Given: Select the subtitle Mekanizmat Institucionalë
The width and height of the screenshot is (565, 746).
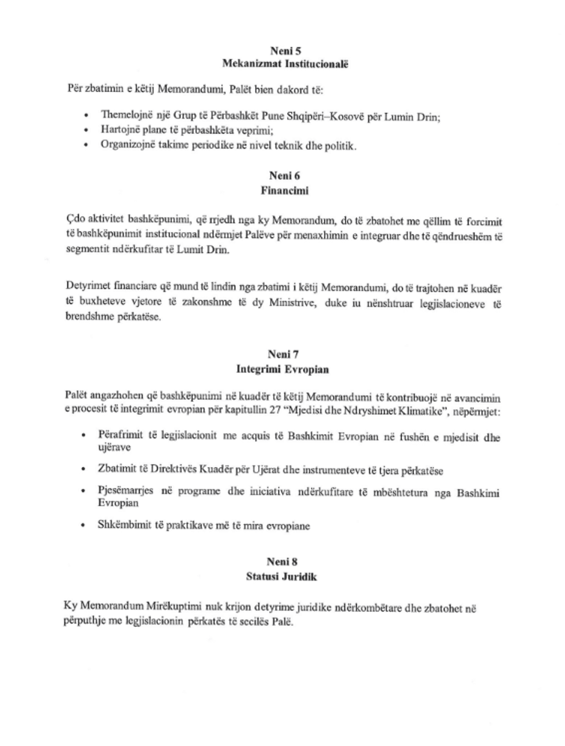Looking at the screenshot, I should (x=285, y=64).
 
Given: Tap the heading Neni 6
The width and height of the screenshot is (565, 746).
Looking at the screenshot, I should (x=285, y=176).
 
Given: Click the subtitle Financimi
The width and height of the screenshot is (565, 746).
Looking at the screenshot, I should (x=285, y=191).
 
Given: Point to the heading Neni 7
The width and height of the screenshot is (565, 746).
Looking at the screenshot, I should (x=283, y=355).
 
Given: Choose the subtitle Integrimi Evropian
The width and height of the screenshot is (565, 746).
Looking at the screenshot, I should (x=282, y=369).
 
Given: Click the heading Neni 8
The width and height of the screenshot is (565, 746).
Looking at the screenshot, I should (x=282, y=562).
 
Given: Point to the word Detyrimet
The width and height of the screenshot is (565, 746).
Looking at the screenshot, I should (x=86, y=287).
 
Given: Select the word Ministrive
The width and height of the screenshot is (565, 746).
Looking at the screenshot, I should (x=293, y=303).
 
